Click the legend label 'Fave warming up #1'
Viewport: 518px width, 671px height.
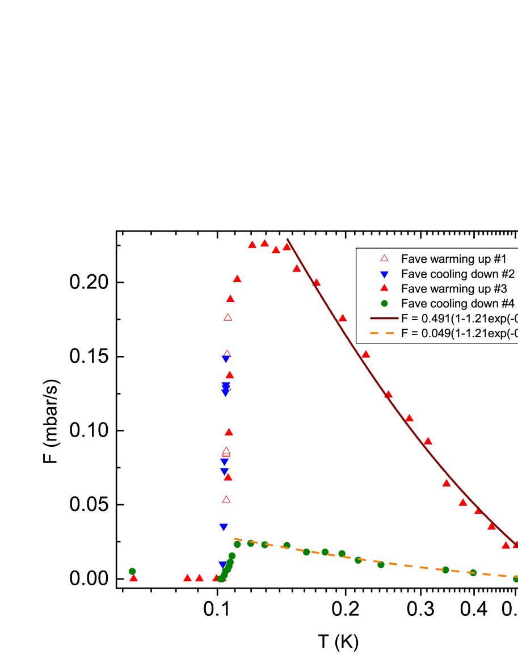coord(453,259)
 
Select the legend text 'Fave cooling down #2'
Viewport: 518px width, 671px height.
coord(457,274)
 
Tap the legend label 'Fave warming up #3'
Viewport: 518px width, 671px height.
coord(453,288)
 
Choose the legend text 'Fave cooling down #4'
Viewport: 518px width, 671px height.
coord(457,303)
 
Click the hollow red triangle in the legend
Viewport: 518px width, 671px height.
coord(384,258)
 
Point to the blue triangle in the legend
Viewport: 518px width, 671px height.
coord(384,274)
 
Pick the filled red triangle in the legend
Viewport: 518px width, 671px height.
coord(384,288)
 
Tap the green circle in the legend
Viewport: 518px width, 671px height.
coord(384,303)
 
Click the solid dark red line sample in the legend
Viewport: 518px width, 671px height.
coord(384,318)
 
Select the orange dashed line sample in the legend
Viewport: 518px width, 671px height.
coord(384,333)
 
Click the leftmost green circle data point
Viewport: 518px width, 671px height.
coord(132,571)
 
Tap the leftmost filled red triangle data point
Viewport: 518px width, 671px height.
coord(134,578)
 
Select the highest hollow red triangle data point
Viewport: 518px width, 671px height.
coord(228,317)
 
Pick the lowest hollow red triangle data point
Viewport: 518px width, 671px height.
coord(226,499)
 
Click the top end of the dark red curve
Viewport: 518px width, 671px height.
coord(288,240)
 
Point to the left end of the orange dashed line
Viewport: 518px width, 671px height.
coord(235,539)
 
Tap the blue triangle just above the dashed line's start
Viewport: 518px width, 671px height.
coord(224,527)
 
